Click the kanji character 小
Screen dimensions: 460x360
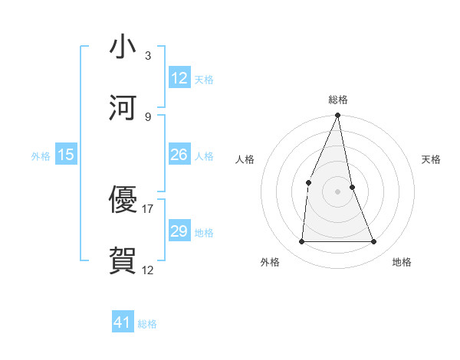(123, 48)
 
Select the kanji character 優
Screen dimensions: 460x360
(123, 200)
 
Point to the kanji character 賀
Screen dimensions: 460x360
(123, 260)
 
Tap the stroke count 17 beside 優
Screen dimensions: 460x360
(148, 208)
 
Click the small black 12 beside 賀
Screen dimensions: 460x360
(148, 270)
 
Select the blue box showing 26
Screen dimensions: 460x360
(179, 155)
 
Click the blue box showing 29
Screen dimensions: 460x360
(179, 231)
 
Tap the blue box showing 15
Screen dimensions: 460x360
(66, 155)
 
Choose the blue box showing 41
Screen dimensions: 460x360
(123, 322)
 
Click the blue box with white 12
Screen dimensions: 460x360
(179, 78)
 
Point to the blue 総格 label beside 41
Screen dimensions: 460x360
(147, 324)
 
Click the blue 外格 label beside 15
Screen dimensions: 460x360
(41, 156)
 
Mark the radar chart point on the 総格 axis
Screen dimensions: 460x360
(337, 116)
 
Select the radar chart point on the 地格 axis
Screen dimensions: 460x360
(374, 241)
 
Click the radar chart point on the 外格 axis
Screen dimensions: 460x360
(301, 241)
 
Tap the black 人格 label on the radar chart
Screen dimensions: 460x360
(245, 159)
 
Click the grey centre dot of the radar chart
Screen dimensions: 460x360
(337, 191)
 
